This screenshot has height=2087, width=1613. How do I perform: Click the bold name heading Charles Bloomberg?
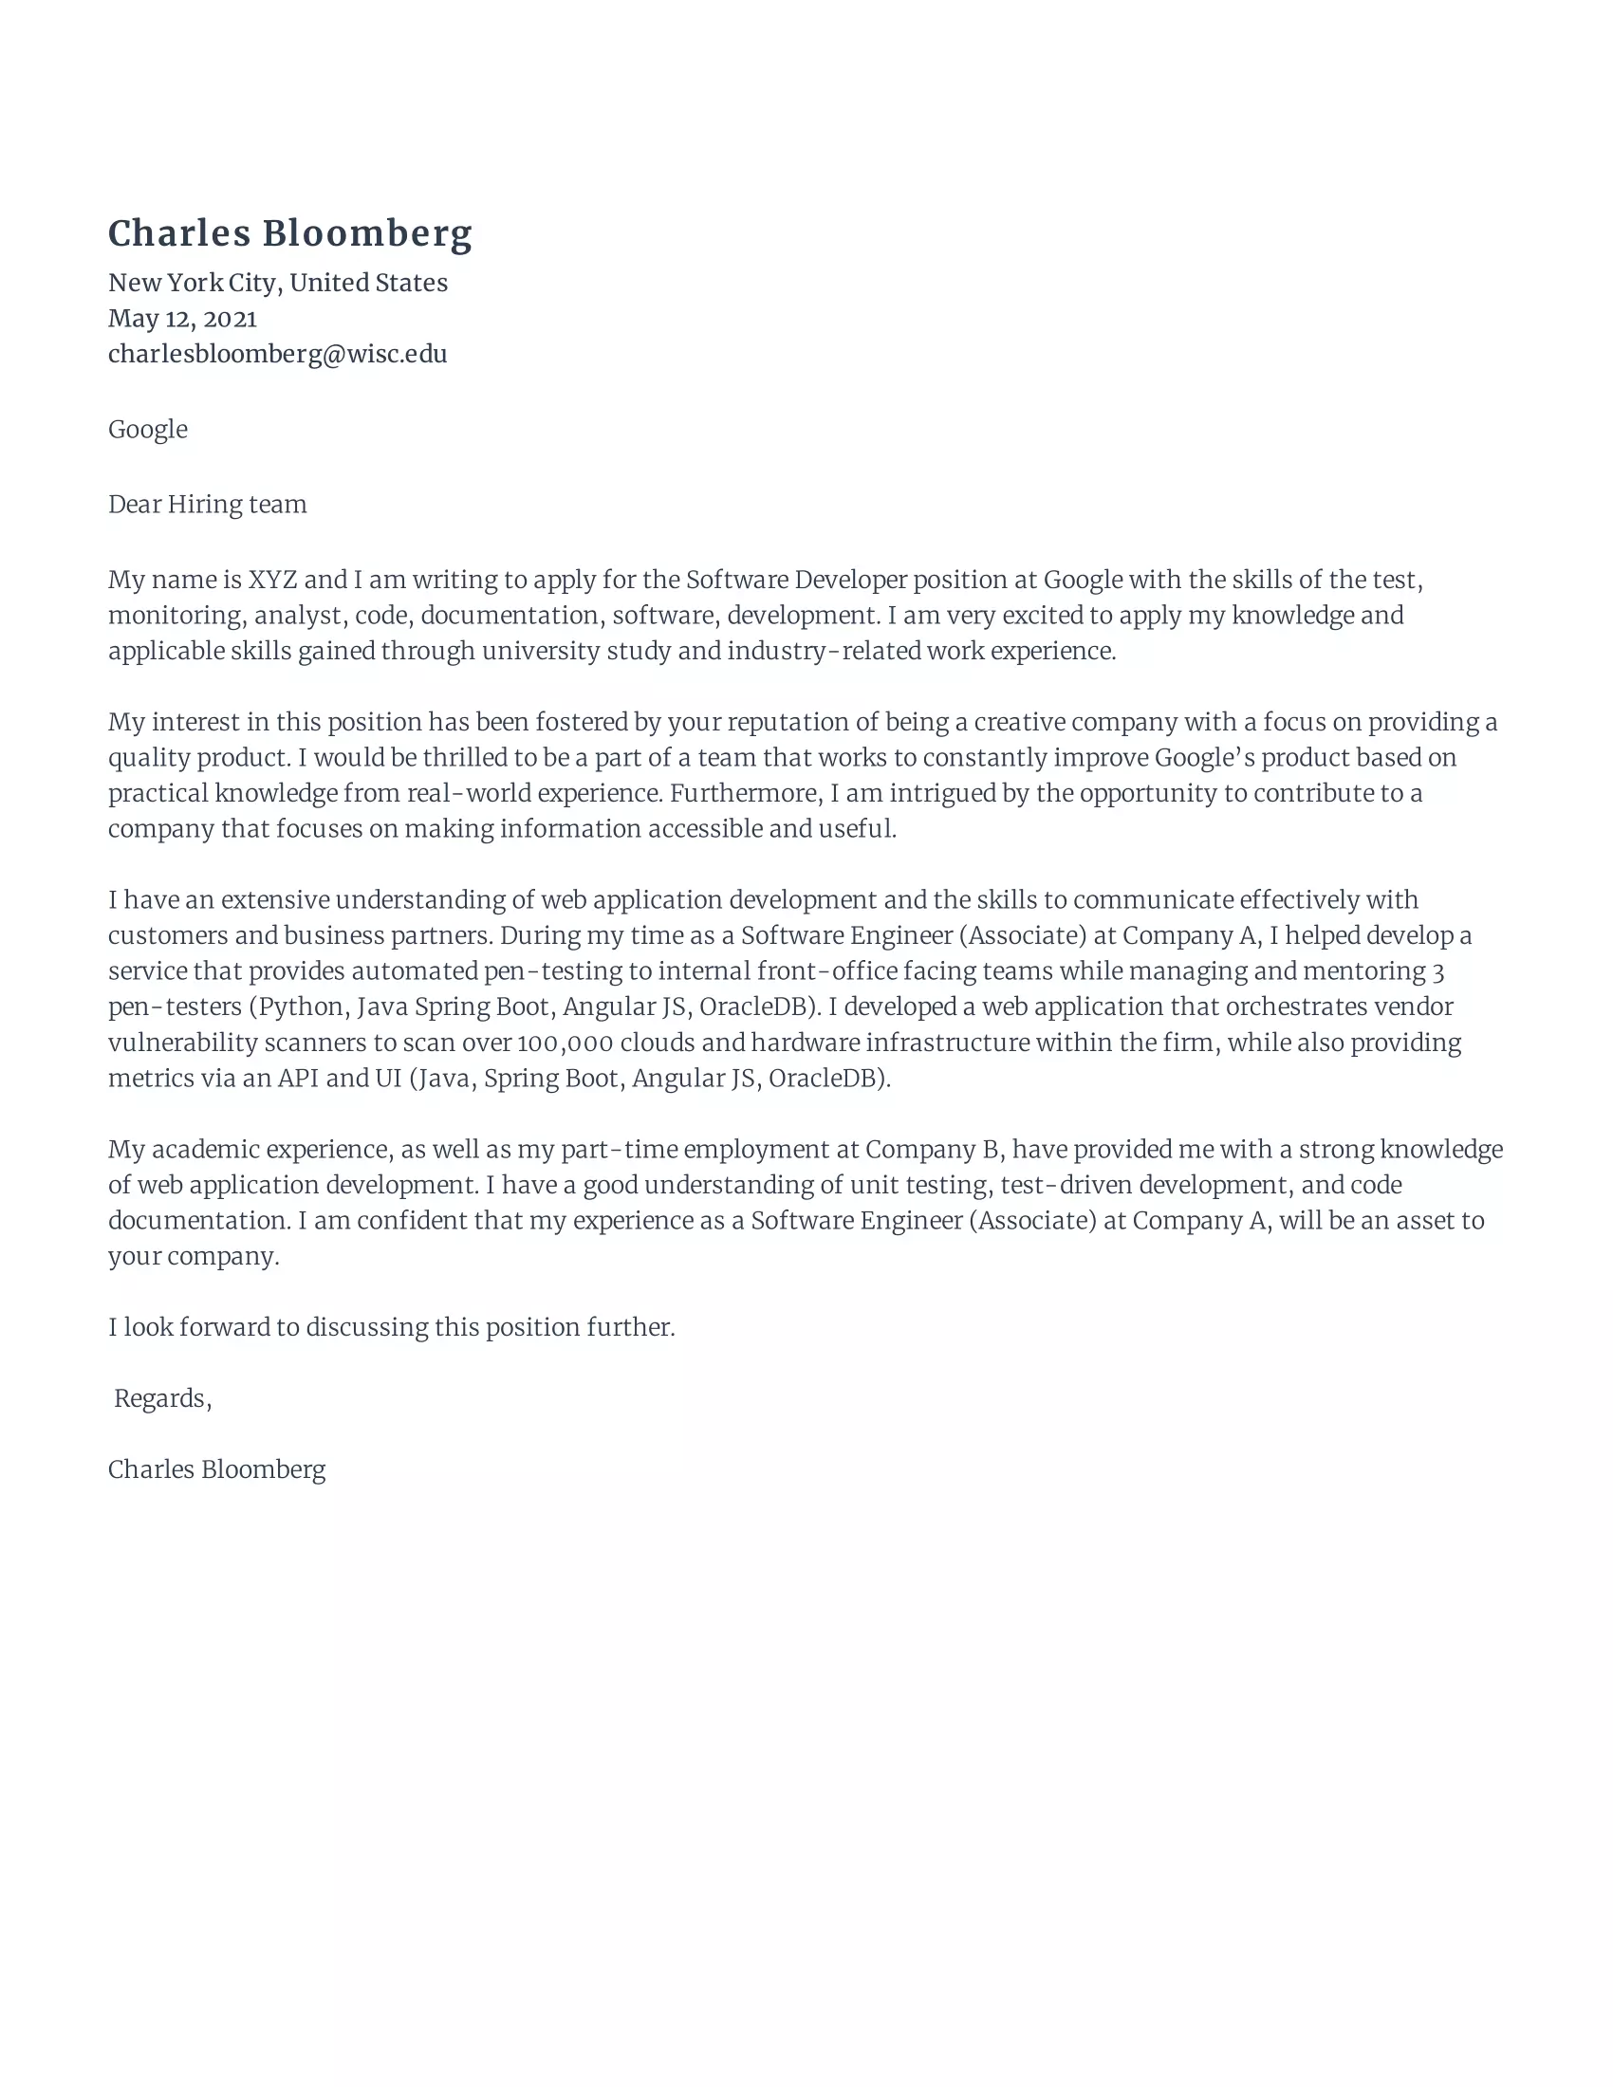(289, 234)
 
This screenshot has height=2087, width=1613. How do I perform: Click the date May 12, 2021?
(181, 318)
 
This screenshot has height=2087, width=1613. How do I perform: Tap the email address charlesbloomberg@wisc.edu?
(277, 355)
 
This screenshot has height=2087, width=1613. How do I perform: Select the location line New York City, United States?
(277, 283)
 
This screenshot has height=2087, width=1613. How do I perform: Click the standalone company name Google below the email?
(147, 429)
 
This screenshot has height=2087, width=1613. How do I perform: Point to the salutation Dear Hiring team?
(208, 505)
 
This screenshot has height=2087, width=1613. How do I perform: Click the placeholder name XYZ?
(272, 580)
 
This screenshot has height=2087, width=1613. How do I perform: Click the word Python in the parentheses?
(301, 1007)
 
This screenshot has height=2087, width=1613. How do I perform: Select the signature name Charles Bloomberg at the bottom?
(216, 1469)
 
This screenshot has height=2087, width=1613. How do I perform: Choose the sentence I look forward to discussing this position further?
(391, 1327)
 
